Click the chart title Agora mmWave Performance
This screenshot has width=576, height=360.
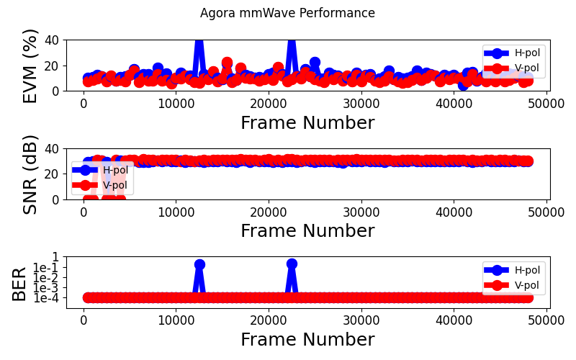pos(287,13)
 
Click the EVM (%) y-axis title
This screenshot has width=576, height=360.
pos(30,66)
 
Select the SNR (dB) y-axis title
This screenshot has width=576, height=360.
pos(30,174)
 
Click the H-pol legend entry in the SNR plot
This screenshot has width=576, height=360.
pos(116,171)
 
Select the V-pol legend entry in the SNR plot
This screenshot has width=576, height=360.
pos(116,186)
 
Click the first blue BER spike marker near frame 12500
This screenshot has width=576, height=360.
pos(199,264)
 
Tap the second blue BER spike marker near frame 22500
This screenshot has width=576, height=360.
pos(292,264)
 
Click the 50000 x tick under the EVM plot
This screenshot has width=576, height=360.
pos(546,103)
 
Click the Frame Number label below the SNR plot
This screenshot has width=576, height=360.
pos(307,231)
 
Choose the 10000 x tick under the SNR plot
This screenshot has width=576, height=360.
pos(176,212)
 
